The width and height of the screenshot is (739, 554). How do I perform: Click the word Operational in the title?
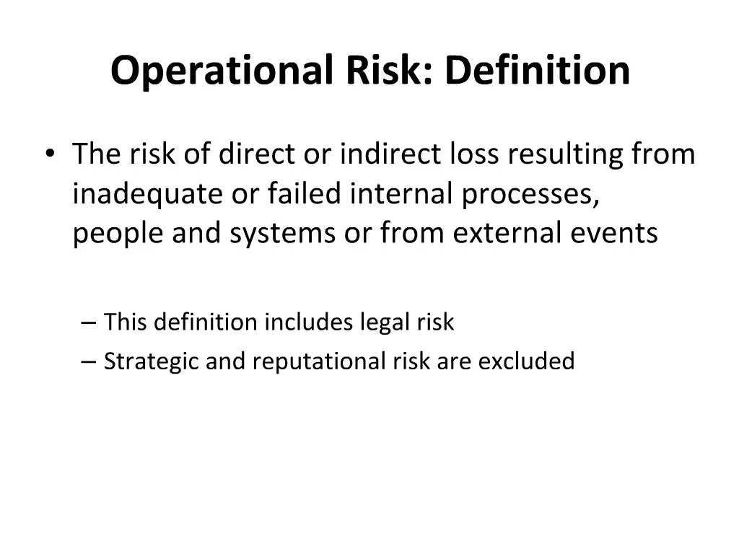(x=220, y=71)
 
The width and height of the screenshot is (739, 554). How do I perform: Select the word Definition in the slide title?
(x=537, y=71)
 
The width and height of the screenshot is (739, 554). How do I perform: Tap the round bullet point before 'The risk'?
(x=49, y=155)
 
